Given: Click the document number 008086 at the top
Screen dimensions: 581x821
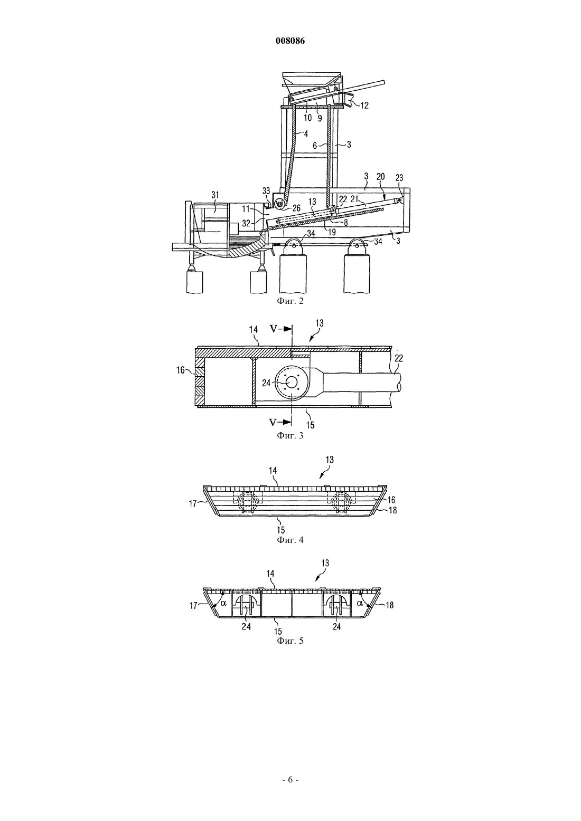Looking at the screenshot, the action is click(x=290, y=41).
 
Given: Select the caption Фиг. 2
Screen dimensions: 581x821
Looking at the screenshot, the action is click(x=290, y=301).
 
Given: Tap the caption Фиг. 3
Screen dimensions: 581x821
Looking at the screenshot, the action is click(x=290, y=436).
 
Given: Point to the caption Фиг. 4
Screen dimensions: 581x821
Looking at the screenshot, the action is click(x=290, y=540).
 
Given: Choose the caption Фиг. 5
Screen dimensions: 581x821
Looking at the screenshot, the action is click(x=290, y=641).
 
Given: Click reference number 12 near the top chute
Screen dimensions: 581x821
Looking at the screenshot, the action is click(x=364, y=106).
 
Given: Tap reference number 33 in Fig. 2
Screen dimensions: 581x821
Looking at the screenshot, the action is click(x=266, y=191).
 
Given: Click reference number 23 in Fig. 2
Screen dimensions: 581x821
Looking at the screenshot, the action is click(x=399, y=178).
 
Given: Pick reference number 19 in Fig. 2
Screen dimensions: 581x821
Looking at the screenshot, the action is click(x=332, y=232).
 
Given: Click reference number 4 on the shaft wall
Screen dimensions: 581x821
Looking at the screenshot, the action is click(x=305, y=134).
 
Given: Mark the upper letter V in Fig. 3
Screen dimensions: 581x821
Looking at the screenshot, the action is click(x=274, y=328).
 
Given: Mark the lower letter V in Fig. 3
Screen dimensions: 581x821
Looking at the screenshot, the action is click(x=274, y=423).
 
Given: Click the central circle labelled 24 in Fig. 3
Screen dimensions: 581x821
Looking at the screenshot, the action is click(x=292, y=383).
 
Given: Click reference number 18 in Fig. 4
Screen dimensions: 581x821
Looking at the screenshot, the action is click(x=392, y=510).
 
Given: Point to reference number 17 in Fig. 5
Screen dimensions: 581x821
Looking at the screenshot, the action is click(x=194, y=605).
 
